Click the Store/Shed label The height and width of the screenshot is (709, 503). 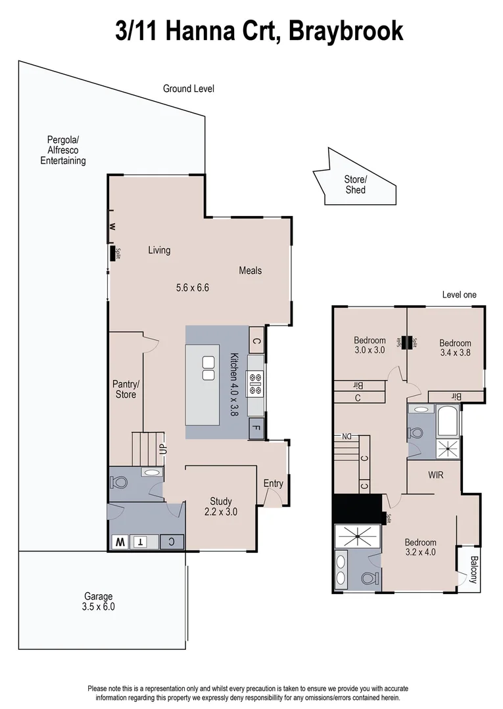[355, 184]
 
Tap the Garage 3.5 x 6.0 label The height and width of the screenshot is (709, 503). [99, 601]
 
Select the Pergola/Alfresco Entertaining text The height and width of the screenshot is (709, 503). [63, 150]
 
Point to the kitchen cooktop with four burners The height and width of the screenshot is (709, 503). [255, 383]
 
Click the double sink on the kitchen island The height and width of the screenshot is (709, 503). [208, 368]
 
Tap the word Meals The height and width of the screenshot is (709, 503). [250, 270]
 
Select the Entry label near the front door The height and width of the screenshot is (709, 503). [274, 484]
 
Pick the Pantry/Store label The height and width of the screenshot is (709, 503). [126, 389]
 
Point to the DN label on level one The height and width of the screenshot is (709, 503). [347, 437]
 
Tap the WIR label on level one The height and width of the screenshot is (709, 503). [437, 473]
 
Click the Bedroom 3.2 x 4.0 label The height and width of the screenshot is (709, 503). [420, 547]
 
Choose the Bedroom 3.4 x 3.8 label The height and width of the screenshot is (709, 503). [455, 347]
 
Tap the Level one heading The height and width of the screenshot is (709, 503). [459, 295]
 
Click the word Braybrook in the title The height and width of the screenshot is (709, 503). [345, 30]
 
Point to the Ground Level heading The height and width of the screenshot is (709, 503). [189, 89]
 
